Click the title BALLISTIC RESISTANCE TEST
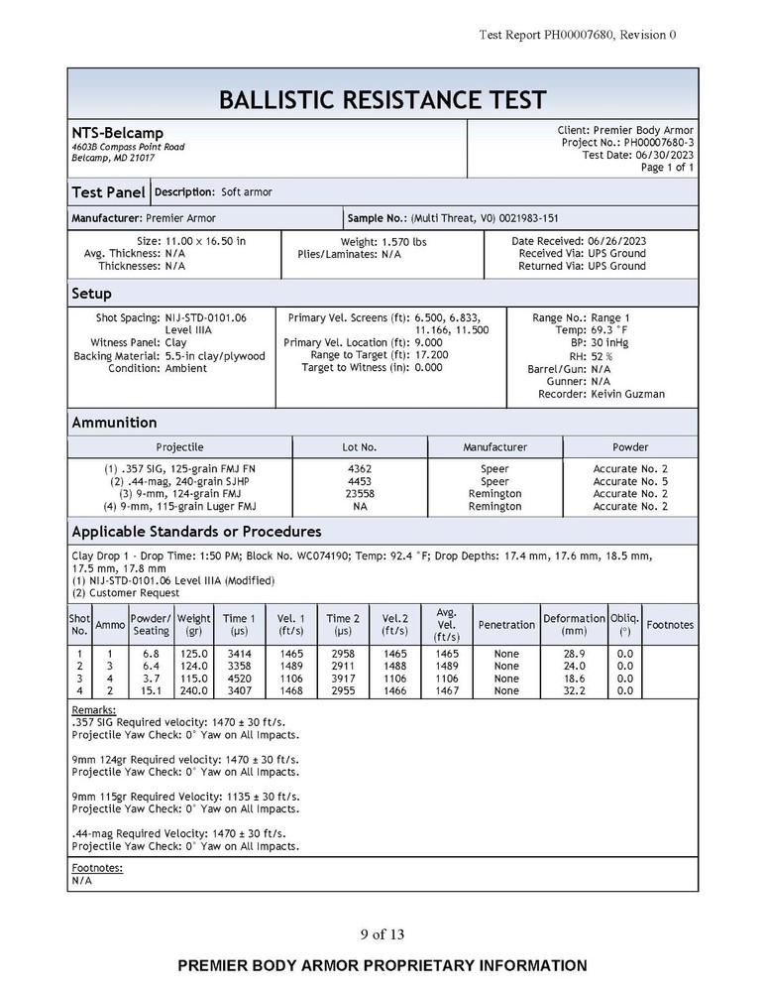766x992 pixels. [x=382, y=100]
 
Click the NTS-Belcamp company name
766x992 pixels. [x=117, y=133]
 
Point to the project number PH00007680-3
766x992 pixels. [x=659, y=143]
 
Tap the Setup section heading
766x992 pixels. [x=91, y=294]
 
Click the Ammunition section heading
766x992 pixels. [x=114, y=423]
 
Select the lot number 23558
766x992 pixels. [x=361, y=493]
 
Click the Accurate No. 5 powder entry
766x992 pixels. [x=630, y=481]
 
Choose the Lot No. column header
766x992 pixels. [x=361, y=447]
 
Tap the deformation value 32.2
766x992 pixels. [x=574, y=690]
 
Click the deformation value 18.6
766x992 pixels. [x=574, y=679]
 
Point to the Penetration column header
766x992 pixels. [x=506, y=625]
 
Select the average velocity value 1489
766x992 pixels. [x=447, y=667]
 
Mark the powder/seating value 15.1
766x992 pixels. [x=151, y=690]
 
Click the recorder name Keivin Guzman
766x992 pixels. [x=628, y=394]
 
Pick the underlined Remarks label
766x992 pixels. [x=94, y=710]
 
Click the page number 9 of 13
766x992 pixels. [x=383, y=933]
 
